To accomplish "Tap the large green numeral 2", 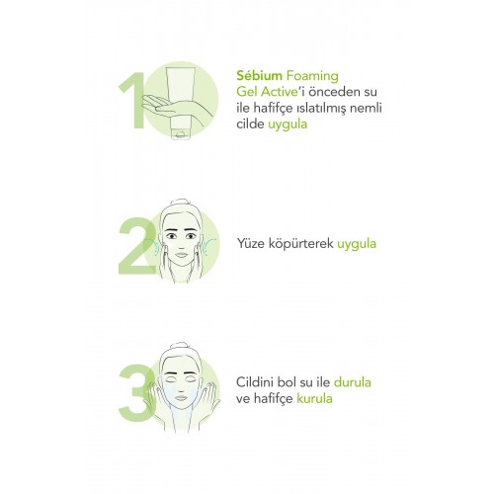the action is (x=136, y=245).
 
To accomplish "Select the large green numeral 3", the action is (x=135, y=392).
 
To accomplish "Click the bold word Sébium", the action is (x=259, y=76).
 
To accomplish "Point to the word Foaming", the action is (x=312, y=76).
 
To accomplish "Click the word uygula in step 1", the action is (x=288, y=124).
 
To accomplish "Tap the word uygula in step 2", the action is (x=357, y=244).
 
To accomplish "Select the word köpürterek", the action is (x=300, y=244).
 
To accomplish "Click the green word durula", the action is (x=353, y=382).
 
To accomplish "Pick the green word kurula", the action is (x=314, y=398).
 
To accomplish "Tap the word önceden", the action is (x=333, y=92).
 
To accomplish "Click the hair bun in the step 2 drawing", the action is (x=181, y=203).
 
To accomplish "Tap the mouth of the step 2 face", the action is (x=181, y=255).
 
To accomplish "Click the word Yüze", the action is (x=251, y=244).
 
